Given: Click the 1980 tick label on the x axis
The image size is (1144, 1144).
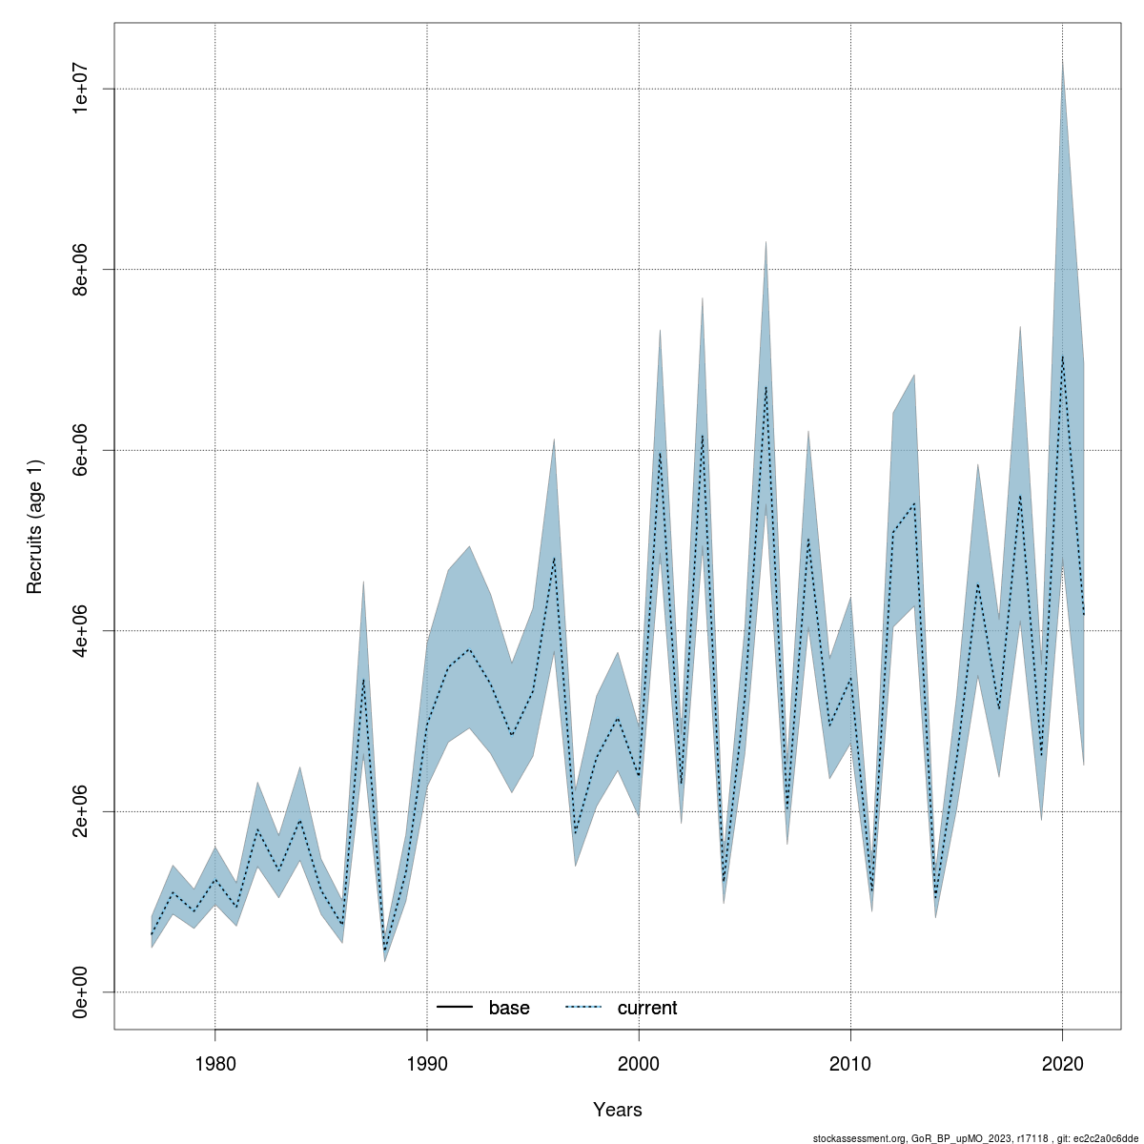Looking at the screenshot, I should click(214, 1063).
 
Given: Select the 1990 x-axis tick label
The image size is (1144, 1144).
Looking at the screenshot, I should click(427, 1063).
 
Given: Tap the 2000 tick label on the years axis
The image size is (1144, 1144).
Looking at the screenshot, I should click(639, 1063).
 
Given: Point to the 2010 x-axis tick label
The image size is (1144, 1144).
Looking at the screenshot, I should click(850, 1063).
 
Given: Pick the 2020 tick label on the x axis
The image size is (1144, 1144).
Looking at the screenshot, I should click(1062, 1063).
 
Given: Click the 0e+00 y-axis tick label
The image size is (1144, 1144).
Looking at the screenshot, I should click(82, 991).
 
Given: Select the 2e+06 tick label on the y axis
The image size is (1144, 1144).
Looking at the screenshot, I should click(82, 811).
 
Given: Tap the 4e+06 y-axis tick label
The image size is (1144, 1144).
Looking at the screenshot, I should click(82, 630).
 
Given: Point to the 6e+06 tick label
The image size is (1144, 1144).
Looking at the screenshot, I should click(82, 450).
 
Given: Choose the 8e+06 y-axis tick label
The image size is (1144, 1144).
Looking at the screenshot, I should click(82, 269).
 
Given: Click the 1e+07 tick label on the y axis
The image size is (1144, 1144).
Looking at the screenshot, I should click(82, 89).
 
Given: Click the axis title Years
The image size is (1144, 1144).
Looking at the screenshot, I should click(617, 1110).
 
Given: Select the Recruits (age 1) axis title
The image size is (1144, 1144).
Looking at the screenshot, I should click(35, 526).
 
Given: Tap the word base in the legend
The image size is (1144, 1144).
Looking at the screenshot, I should click(509, 1008).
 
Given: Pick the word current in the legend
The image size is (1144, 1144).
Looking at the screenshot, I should click(647, 1008).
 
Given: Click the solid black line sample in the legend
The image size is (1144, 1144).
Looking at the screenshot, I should click(456, 1008).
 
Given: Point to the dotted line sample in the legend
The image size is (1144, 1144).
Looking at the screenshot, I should click(583, 1008).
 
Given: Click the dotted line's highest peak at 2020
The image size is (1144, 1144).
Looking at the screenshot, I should click(1062, 357).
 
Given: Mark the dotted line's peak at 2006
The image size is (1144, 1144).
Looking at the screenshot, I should click(766, 386).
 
